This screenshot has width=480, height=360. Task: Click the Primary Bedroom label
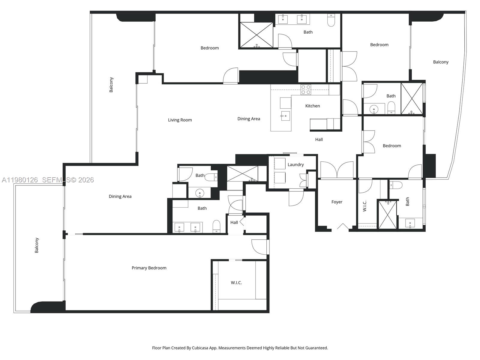[149, 268]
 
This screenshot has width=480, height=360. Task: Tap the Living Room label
[180, 120]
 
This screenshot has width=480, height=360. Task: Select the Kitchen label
[312, 106]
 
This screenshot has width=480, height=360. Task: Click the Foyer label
[337, 202]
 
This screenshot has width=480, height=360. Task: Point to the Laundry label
[295, 165]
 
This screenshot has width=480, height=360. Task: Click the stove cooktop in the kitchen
[306, 90]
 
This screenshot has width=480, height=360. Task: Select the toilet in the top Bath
[331, 20]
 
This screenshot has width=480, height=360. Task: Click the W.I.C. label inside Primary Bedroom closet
[236, 283]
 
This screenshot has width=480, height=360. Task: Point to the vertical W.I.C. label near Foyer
[365, 206]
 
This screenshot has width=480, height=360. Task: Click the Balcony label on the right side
[440, 62]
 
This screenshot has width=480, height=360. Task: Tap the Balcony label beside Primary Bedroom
[37, 245]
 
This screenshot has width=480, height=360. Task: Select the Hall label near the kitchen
[319, 139]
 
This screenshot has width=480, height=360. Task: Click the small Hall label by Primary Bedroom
[234, 222]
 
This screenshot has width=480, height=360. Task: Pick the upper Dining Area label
[248, 119]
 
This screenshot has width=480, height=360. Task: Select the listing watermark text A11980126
[20, 180]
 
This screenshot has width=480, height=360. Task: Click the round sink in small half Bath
[200, 192]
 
